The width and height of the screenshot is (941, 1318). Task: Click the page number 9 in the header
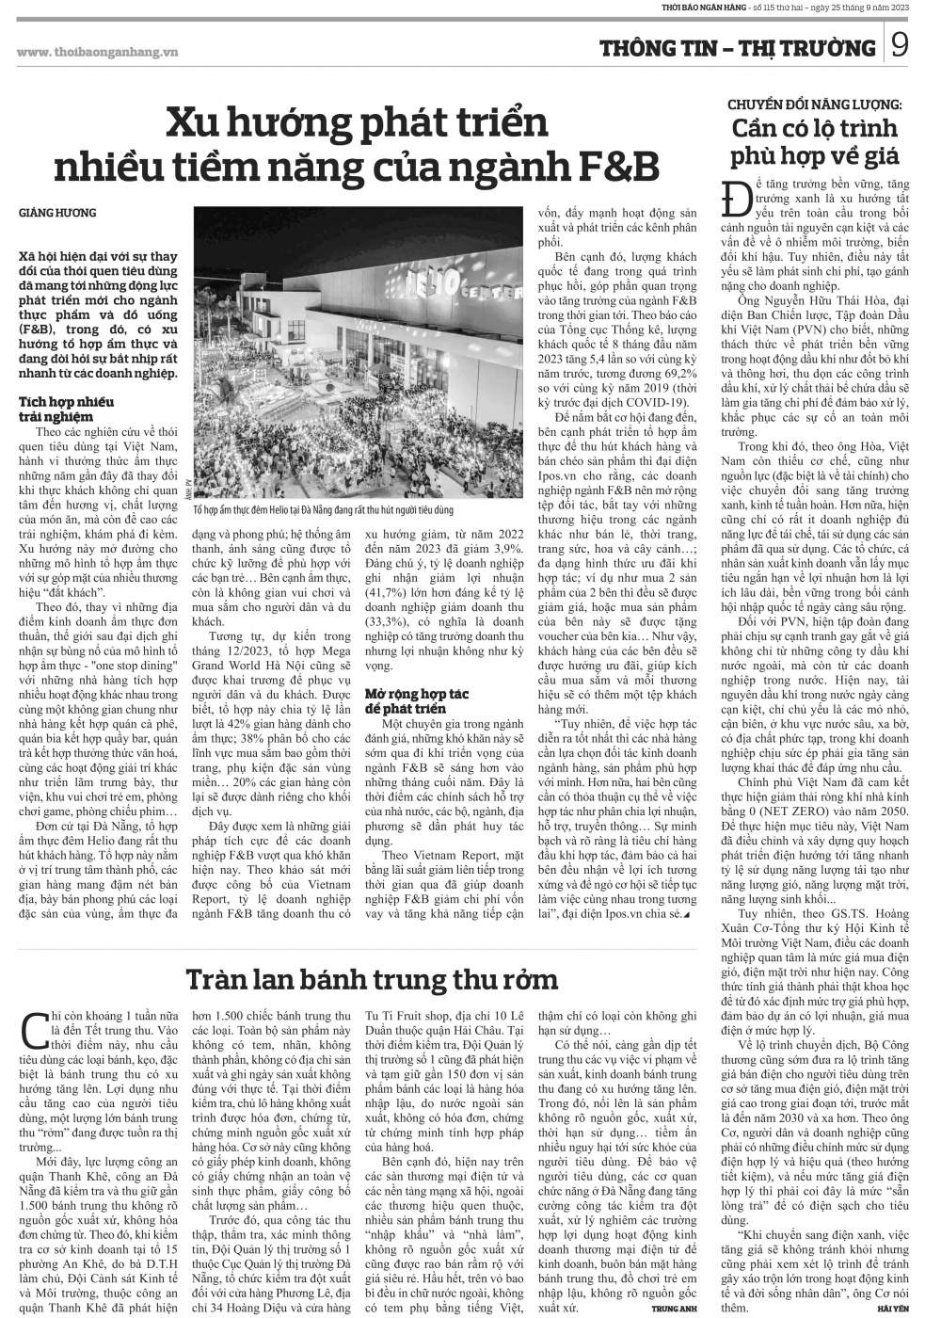pos(901,46)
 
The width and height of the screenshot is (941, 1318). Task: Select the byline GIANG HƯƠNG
pos(57,214)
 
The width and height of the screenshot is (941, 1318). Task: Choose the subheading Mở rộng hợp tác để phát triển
pos(419,701)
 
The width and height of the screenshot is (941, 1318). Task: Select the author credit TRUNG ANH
pos(674,1310)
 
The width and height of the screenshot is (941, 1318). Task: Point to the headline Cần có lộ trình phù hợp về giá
pos(815,141)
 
